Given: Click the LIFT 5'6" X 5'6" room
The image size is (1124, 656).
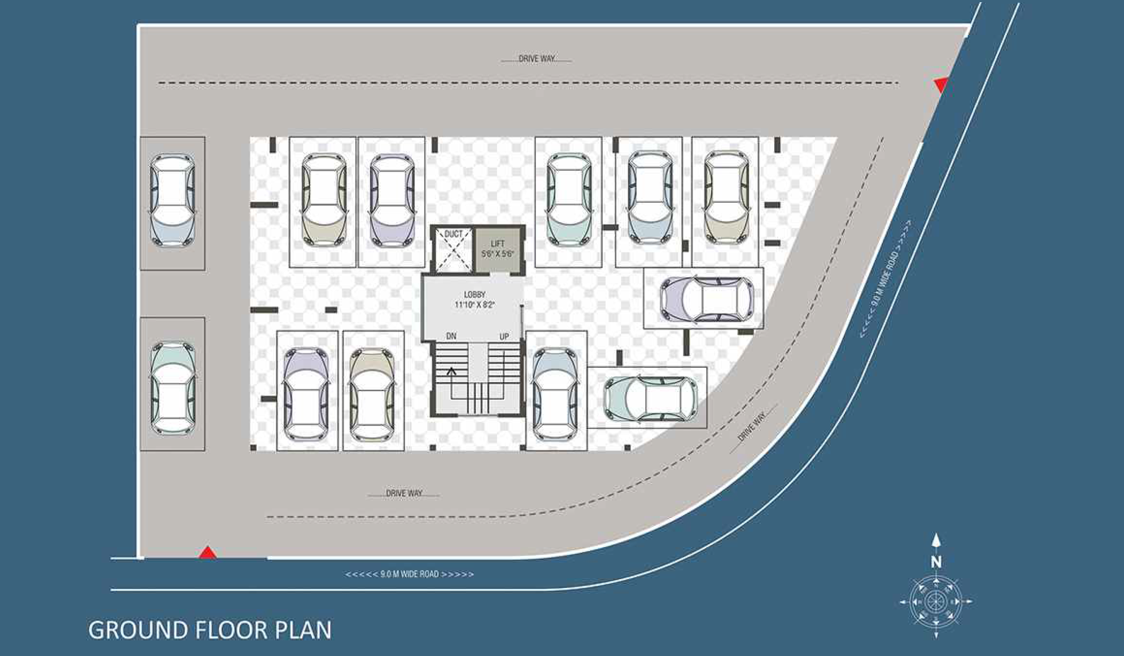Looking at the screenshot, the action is tap(498, 249).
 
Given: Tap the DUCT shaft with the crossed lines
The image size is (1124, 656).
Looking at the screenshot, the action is tap(453, 250).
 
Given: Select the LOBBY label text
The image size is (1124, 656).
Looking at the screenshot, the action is tap(474, 294).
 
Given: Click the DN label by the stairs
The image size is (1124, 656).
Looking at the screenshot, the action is tap(451, 336).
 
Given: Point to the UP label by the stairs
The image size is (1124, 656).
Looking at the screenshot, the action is tap(504, 337).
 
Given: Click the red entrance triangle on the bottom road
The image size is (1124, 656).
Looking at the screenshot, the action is tap(207, 553).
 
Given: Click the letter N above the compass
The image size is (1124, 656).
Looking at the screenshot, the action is tap(936, 562).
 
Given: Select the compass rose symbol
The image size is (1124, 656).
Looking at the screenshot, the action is tap(936, 602).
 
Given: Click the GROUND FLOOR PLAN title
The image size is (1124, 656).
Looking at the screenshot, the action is tap(209, 630).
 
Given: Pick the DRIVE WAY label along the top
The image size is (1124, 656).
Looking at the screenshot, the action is tap(537, 59).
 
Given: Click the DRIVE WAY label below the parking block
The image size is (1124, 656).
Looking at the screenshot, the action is tap(404, 493).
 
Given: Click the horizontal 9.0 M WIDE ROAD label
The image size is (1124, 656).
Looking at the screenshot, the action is tap(409, 574).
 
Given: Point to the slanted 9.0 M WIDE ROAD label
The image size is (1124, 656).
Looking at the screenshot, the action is tap(885, 279).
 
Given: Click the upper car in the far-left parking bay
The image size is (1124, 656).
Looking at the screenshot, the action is tap(172, 200).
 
